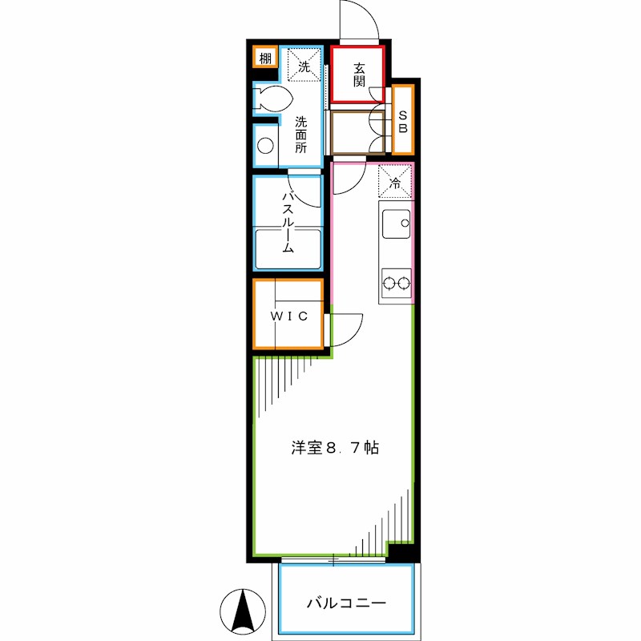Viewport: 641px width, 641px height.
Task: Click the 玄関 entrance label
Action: pyautogui.click(x=358, y=74)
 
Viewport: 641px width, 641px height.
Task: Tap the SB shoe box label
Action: pyautogui.click(x=403, y=120)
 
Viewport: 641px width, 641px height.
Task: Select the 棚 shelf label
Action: pyautogui.click(x=265, y=58)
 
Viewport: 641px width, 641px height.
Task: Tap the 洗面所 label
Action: pyautogui.click(x=300, y=135)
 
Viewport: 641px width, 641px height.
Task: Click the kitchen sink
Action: pyautogui.click(x=394, y=224)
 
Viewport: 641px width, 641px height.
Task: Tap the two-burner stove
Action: pyautogui.click(x=396, y=283)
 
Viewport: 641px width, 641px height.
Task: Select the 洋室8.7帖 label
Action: pyautogui.click(x=335, y=449)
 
